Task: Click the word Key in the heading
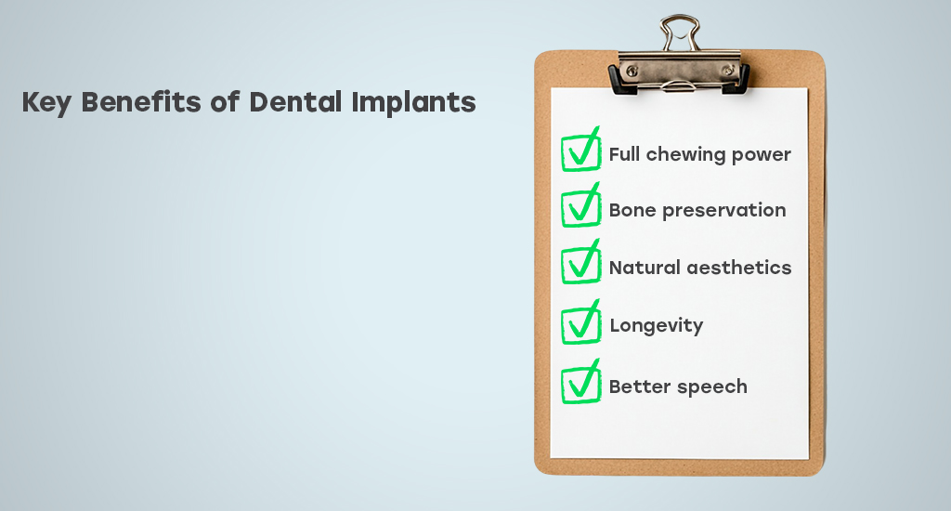pyautogui.click(x=46, y=102)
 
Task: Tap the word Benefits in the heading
pyautogui.click(x=141, y=101)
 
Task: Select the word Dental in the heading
pyautogui.click(x=295, y=101)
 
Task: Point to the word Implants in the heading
pyautogui.click(x=413, y=102)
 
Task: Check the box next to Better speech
pyautogui.click(x=580, y=382)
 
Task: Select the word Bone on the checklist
pyautogui.click(x=632, y=210)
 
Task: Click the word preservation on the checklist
pyautogui.click(x=724, y=211)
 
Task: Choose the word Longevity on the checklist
pyautogui.click(x=657, y=326)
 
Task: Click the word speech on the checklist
pyautogui.click(x=712, y=387)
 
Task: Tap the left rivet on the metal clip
pyautogui.click(x=632, y=71)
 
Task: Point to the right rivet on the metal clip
pyautogui.click(x=728, y=71)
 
